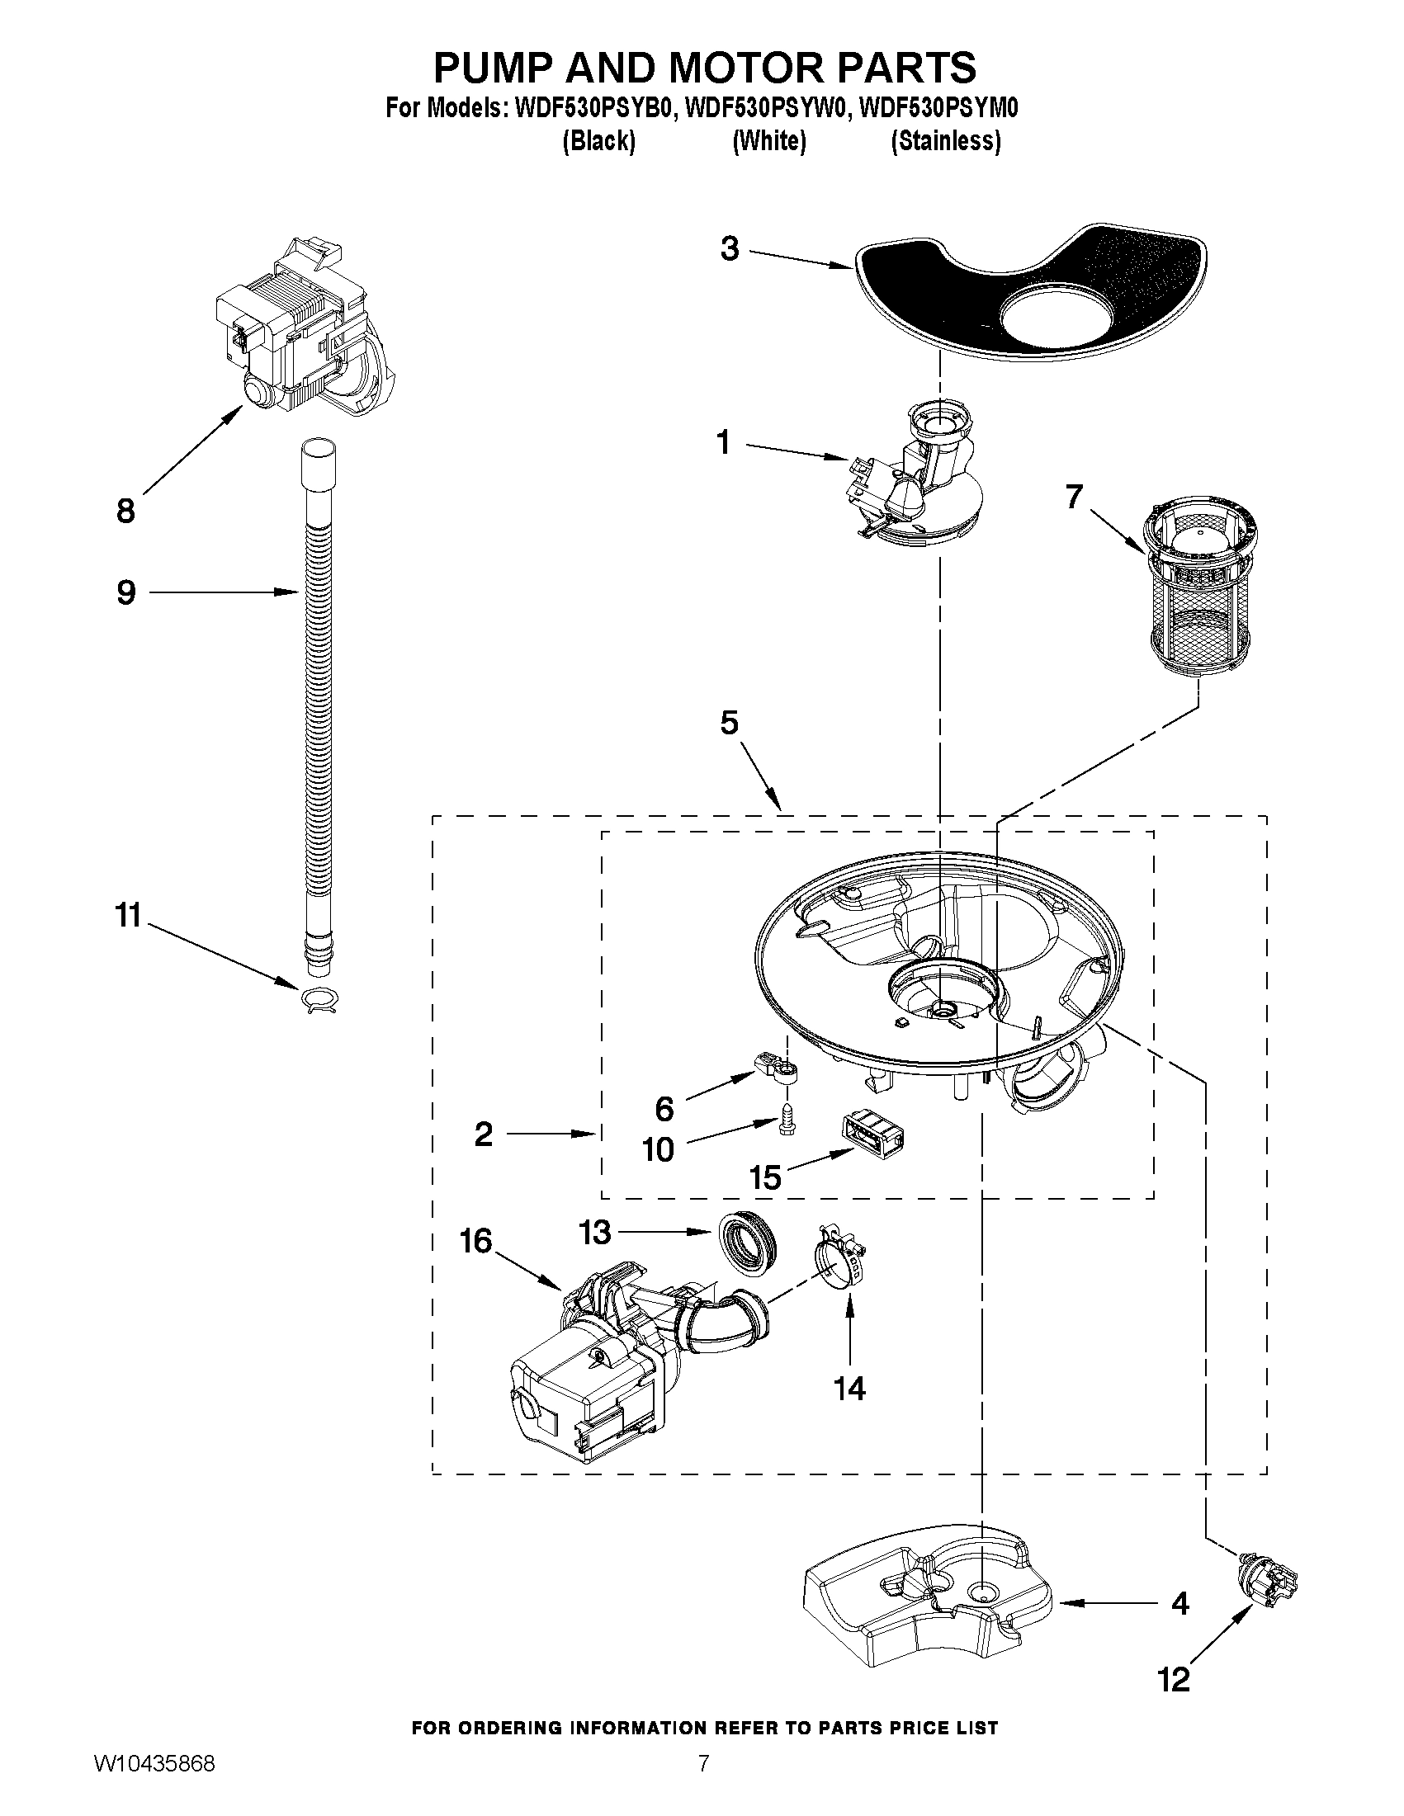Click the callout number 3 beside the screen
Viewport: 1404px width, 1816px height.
click(730, 248)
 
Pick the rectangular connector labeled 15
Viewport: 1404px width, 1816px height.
click(873, 1137)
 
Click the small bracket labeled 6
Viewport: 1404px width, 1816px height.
click(776, 1068)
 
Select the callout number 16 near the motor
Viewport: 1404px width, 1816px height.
click(476, 1243)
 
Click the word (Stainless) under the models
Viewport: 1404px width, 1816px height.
click(946, 141)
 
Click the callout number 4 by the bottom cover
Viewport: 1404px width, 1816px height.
click(1179, 1603)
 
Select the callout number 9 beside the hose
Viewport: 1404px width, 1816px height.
click(126, 593)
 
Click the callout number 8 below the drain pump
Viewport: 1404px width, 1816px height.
click(125, 512)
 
